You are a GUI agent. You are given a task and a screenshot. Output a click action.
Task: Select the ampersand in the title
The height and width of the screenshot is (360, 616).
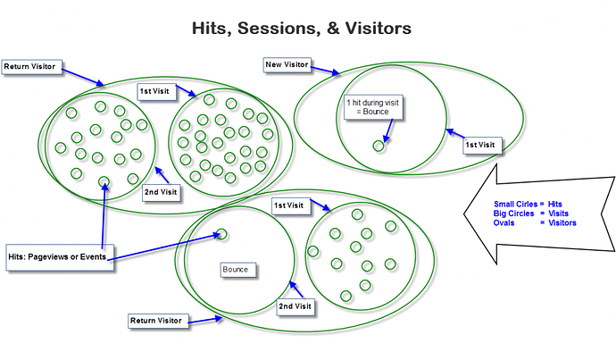pyautogui.click(x=332, y=29)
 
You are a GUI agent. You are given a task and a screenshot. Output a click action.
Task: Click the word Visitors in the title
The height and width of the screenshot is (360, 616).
pyautogui.click(x=379, y=29)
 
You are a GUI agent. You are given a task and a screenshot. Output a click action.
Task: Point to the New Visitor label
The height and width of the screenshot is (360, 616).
pyautogui.click(x=287, y=65)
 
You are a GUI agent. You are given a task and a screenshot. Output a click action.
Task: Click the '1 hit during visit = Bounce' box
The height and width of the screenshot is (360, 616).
pyautogui.click(x=373, y=107)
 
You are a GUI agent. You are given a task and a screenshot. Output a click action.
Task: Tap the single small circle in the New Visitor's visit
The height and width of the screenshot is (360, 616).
pyautogui.click(x=379, y=147)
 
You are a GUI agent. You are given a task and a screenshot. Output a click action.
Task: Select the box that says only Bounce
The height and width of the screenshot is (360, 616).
pyautogui.click(x=237, y=270)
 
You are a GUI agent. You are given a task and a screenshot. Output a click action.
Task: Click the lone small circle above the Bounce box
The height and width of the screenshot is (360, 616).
pyautogui.click(x=221, y=234)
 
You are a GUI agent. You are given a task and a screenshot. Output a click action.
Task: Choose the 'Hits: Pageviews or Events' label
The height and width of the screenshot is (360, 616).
pyautogui.click(x=60, y=257)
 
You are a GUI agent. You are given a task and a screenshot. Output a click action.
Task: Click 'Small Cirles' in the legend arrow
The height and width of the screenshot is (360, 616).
pyautogui.click(x=515, y=204)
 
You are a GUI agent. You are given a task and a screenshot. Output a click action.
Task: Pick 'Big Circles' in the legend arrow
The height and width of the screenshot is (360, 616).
pyautogui.click(x=514, y=213)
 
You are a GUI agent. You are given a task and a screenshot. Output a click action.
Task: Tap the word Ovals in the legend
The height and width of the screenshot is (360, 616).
pyautogui.click(x=504, y=222)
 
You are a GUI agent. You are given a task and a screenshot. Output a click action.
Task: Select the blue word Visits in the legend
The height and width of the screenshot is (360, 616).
pyautogui.click(x=558, y=213)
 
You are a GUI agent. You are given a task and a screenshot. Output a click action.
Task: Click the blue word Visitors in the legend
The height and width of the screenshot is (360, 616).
pyautogui.click(x=562, y=222)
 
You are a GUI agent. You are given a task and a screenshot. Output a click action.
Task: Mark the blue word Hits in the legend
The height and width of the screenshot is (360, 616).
pyautogui.click(x=555, y=204)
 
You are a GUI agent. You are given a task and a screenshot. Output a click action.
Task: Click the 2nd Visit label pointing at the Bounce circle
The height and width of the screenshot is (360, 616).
pyautogui.click(x=295, y=307)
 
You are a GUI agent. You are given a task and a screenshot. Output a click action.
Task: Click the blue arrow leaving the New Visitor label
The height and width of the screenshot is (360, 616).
pyautogui.click(x=325, y=71)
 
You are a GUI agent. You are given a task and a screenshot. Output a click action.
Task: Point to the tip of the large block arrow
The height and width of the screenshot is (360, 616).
pyautogui.click(x=464, y=213)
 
